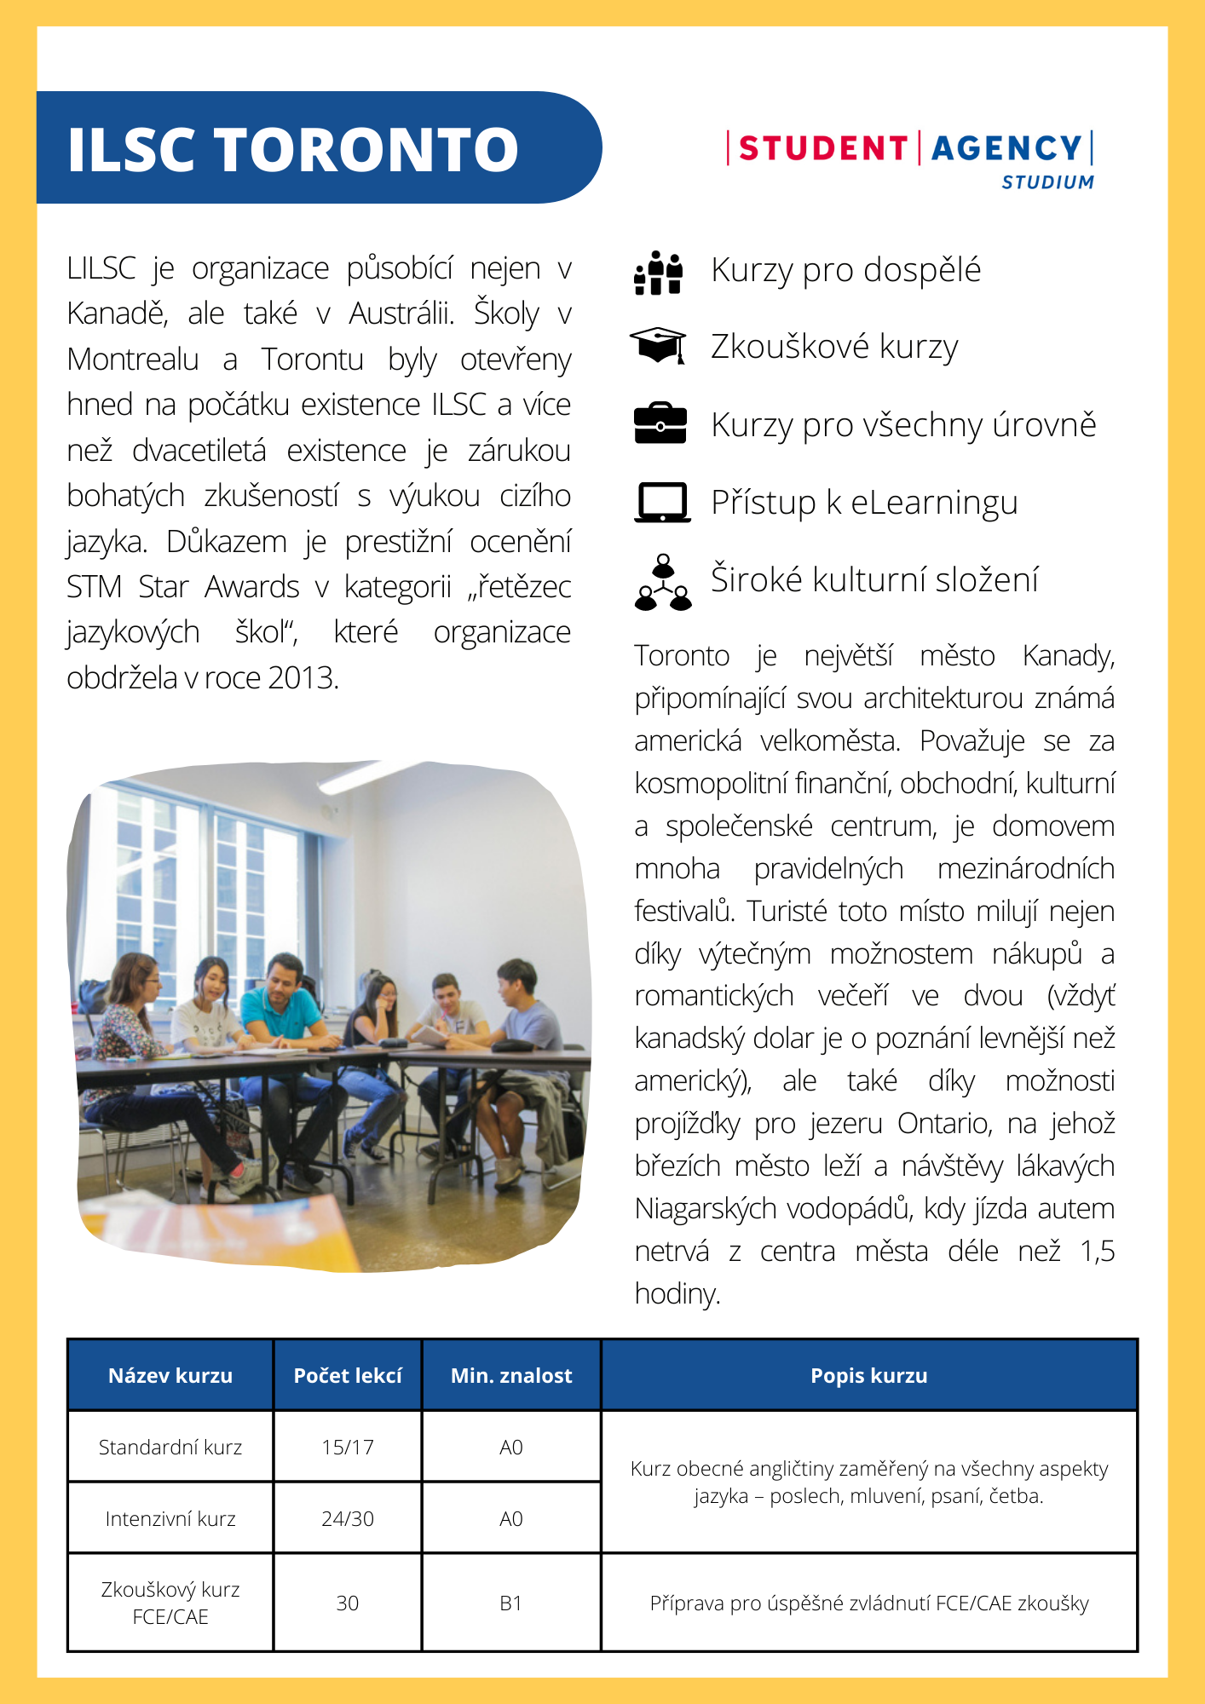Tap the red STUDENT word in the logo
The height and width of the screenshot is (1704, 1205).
pyautogui.click(x=822, y=148)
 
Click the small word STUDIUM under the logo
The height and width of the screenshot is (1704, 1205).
pyautogui.click(x=1047, y=182)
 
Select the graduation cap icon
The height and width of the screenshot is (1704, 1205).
pyautogui.click(x=658, y=345)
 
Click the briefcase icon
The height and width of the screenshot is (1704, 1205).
pyautogui.click(x=660, y=423)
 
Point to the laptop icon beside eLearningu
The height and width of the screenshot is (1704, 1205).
pyautogui.click(x=661, y=502)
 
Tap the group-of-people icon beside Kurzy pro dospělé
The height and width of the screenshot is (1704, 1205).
pyautogui.click(x=659, y=273)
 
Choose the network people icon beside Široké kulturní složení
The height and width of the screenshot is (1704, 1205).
pyautogui.click(x=662, y=583)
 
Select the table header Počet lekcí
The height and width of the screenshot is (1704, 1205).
pyautogui.click(x=348, y=1375)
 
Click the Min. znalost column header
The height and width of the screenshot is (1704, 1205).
pyautogui.click(x=511, y=1375)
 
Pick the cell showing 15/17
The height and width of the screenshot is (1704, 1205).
pyautogui.click(x=348, y=1447)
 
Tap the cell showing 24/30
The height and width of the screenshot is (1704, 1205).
pyautogui.click(x=348, y=1518)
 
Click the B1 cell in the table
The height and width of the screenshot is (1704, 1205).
pyautogui.click(x=511, y=1603)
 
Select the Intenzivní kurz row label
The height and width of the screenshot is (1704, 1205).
pyautogui.click(x=170, y=1518)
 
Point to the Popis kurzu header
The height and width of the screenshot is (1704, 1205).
pyautogui.click(x=868, y=1375)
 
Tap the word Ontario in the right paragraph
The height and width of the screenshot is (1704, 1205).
pyautogui.click(x=944, y=1124)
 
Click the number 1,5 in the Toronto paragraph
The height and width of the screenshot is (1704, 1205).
pyautogui.click(x=1097, y=1252)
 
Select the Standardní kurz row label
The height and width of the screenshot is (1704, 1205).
pyautogui.click(x=170, y=1447)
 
